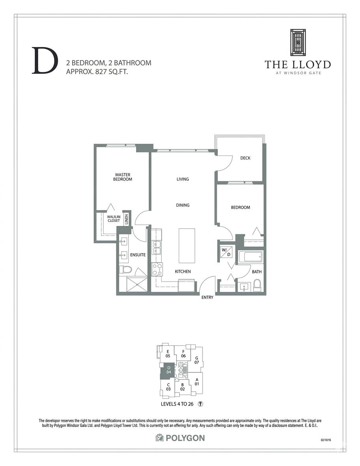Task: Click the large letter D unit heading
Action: coord(43,61)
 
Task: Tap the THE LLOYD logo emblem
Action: coord(298,42)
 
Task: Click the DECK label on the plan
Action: coord(246,158)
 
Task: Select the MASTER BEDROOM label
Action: coord(123,177)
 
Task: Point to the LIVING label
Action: coord(183,179)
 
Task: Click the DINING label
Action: coord(183,205)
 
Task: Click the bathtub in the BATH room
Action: coord(250,257)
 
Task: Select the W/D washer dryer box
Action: coord(226,253)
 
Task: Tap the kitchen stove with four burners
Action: coord(156,270)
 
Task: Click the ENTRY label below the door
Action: coord(207,297)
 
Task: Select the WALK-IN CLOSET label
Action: coord(114,219)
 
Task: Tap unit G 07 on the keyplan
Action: coord(197,360)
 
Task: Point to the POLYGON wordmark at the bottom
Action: coord(180,438)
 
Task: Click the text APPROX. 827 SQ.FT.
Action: coord(97,71)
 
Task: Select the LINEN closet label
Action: coord(127,219)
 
